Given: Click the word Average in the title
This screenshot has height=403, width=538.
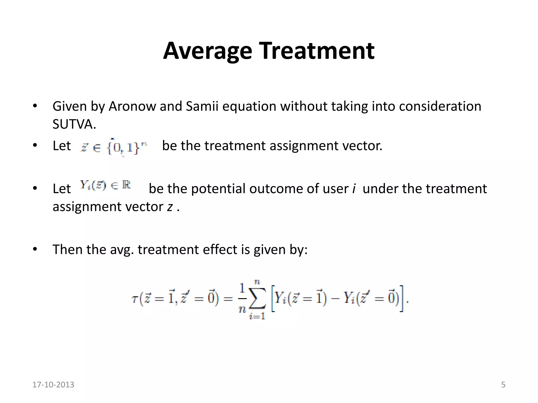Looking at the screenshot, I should tap(208, 51).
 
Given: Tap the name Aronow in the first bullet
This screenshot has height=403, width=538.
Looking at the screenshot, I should tap(132, 107).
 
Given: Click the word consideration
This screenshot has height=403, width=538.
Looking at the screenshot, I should tap(440, 107).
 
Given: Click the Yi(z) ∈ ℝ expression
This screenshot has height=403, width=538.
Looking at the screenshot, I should tap(105, 185).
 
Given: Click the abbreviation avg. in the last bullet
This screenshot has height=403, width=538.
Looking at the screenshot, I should tap(122, 250).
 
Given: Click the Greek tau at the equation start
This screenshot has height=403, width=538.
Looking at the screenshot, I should tap(134, 299).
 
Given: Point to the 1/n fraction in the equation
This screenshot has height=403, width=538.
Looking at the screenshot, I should tap(242, 299).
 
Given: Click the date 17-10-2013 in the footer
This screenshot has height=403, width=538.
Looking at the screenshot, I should tap(53, 385).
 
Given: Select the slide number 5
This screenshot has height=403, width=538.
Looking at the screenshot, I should tap(503, 385).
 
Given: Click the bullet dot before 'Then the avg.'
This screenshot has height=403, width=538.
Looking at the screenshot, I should tap(35, 249).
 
